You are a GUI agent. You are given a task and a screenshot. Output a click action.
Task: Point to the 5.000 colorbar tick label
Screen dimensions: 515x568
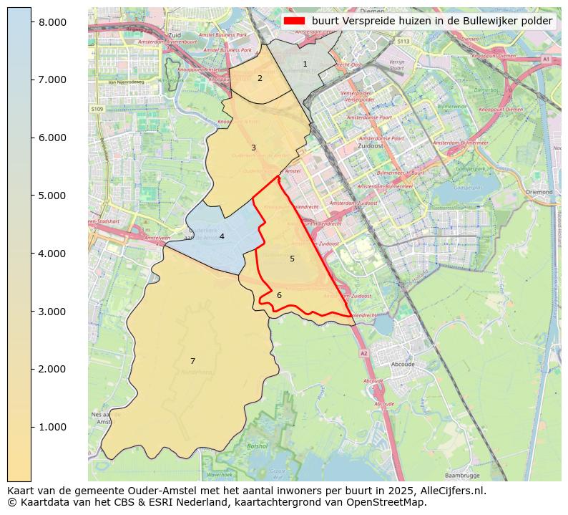(52, 196)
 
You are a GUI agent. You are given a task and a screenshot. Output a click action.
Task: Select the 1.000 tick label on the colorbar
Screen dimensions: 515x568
(52, 428)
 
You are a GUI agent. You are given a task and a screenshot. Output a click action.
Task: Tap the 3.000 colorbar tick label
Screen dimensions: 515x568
(52, 312)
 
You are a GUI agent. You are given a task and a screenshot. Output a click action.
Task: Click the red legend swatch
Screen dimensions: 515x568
(294, 21)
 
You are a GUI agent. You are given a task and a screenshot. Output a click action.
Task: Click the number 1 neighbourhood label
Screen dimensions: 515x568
(305, 64)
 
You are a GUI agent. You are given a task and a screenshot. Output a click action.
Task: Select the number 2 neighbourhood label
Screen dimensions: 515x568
(260, 79)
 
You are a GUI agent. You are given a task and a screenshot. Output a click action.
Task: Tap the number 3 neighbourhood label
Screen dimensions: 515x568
(253, 148)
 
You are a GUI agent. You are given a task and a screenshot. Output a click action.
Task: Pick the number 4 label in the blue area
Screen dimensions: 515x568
(222, 237)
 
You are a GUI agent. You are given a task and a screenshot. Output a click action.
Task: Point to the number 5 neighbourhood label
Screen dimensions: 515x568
(292, 259)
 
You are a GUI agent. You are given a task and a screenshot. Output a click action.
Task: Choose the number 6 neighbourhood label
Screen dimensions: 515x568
(279, 296)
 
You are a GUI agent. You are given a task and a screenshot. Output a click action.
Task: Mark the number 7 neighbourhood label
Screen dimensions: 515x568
(192, 362)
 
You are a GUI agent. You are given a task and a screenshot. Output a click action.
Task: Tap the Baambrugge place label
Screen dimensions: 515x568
(461, 475)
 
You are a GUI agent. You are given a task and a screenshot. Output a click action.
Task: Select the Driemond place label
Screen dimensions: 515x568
(539, 192)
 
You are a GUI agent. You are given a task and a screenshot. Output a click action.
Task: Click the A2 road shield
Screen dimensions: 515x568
(363, 353)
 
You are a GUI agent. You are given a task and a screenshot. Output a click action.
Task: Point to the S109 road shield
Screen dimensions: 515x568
(97, 109)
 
